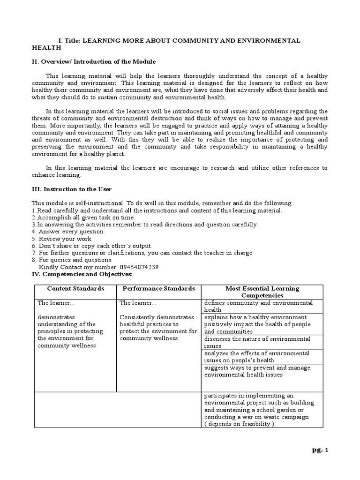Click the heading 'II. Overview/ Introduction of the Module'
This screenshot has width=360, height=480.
coord(94,61)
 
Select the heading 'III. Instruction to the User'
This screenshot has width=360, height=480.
coord(71,189)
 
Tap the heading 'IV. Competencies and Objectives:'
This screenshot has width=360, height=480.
coord(82,273)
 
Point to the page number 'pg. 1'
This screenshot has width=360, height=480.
coord(321,450)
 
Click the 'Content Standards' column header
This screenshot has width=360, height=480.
coord(75,289)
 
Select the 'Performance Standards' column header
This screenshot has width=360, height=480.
coord(158,289)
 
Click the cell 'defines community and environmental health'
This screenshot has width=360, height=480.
coord(258,306)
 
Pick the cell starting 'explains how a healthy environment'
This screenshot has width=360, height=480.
coord(258,324)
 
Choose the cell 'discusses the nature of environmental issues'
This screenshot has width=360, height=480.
coord(257,342)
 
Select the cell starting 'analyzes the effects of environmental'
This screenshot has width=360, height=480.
coord(257,356)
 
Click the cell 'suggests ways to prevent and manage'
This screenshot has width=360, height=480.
coord(257,371)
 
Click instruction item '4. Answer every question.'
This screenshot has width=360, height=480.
coord(68,232)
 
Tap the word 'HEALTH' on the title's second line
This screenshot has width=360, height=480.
coord(46,48)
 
